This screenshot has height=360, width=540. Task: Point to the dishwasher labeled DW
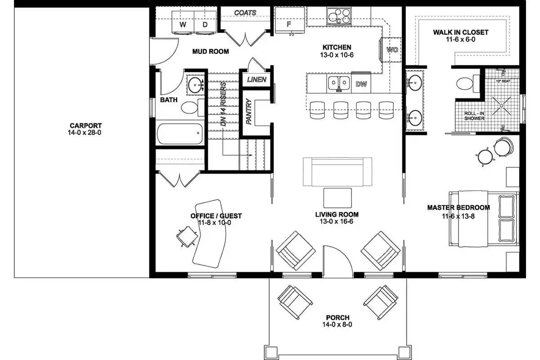pos(361,84)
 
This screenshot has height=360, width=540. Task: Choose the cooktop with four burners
pos(339,17)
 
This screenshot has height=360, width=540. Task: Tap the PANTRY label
pos(248,112)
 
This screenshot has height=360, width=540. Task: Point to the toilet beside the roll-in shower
pos(464,84)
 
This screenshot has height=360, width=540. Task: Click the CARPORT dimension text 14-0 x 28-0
pos(85,133)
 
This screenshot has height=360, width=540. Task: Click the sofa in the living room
pos(337,171)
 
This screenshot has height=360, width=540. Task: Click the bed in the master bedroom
pos(484,219)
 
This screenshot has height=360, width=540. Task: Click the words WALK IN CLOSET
pos(460,32)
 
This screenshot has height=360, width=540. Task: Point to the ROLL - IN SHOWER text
pos(474,116)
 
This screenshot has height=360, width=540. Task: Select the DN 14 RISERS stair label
pos(223,103)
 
